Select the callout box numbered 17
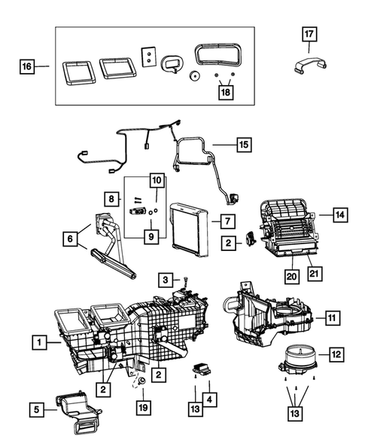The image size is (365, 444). pos(309,34)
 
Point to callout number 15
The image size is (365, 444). pos(242,142)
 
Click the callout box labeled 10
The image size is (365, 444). pos(156,181)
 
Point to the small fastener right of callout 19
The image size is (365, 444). pos(141,383)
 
